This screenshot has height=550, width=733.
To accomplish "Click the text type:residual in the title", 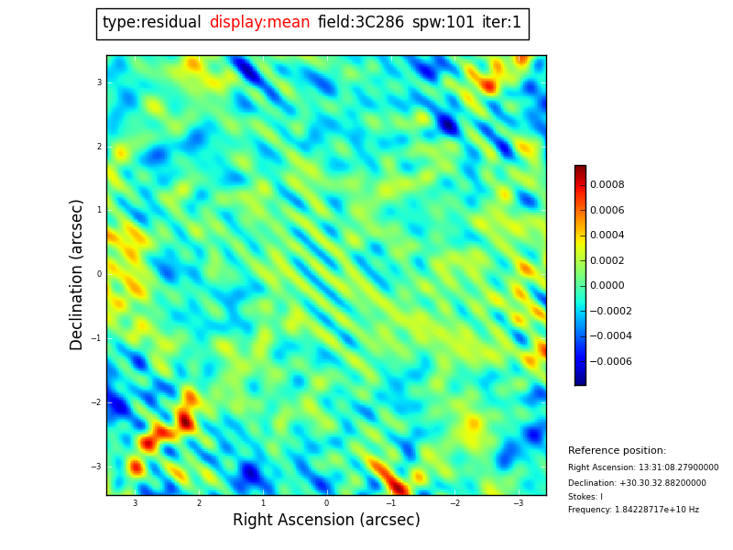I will click(x=151, y=23).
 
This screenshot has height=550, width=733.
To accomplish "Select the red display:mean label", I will click(x=259, y=23).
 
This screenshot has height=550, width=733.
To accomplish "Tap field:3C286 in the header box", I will click(x=360, y=23).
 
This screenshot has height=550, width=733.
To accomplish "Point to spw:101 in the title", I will click(x=443, y=23).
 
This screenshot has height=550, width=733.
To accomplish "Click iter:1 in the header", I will click(x=501, y=23).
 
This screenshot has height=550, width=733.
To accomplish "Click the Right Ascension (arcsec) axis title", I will click(x=326, y=521).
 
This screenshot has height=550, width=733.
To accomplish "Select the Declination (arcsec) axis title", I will click(x=77, y=274).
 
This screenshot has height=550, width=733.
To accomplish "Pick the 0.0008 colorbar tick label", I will click(x=607, y=184).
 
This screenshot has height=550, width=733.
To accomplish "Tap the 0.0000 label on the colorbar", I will click(x=607, y=285).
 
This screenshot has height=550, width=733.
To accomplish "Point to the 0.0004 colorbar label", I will click(x=607, y=235).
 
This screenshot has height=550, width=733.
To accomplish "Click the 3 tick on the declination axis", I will click(x=99, y=82).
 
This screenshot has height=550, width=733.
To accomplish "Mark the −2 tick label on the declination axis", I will click(x=96, y=402).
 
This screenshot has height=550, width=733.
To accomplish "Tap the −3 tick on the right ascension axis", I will click(x=518, y=503).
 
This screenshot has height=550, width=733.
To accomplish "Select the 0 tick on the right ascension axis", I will click(x=326, y=503).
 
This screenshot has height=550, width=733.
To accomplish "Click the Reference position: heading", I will click(x=617, y=451).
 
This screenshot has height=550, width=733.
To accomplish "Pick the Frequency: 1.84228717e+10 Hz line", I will click(x=633, y=510).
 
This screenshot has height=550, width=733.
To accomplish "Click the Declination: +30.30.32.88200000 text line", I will click(x=637, y=483).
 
